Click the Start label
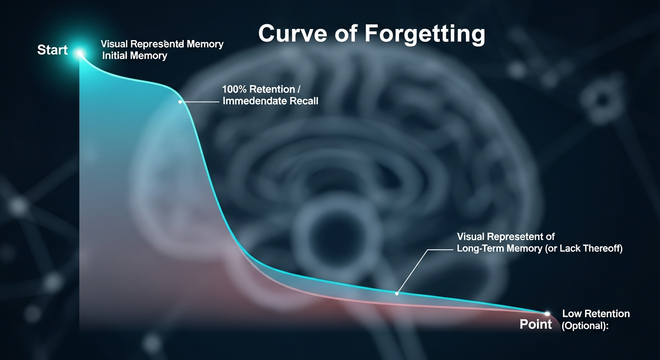click(52, 50)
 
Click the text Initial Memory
click(135, 56)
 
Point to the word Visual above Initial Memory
click(114, 45)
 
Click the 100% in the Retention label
click(235, 89)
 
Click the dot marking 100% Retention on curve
click(180, 101)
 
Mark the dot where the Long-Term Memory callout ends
click(397, 293)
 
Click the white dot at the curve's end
click(547, 313)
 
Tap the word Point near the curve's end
click(536, 324)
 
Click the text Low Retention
click(596, 314)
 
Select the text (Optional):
click(585, 326)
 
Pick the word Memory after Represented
click(205, 45)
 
